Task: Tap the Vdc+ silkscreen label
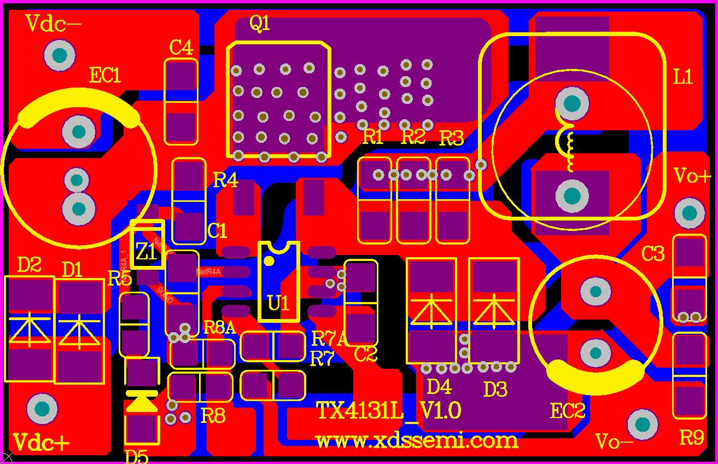tap(41, 442)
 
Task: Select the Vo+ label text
tap(692, 176)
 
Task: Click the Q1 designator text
tap(260, 24)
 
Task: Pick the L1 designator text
tap(683, 77)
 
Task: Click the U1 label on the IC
tap(278, 303)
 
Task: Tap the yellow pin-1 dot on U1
tap(268, 261)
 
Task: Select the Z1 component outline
tap(148, 244)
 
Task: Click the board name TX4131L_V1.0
tap(389, 410)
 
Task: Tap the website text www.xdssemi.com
tap(416, 440)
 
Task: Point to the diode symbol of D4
tap(432, 311)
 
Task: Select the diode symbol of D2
tap(29, 330)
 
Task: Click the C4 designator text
tap(181, 48)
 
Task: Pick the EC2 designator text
tap(568, 411)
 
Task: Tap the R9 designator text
tap(691, 438)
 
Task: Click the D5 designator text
tap(136, 456)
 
